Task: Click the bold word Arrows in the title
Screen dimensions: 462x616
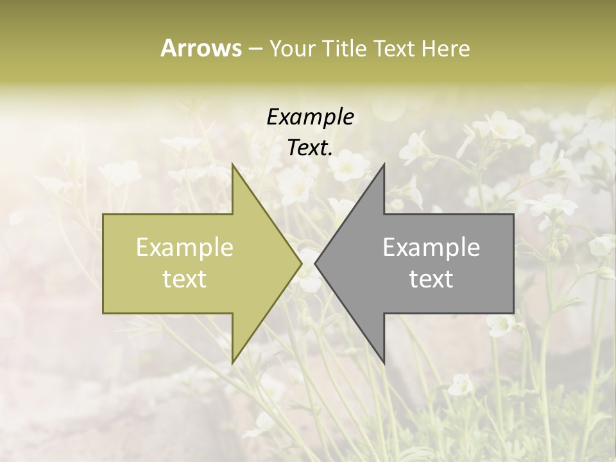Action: click(x=201, y=48)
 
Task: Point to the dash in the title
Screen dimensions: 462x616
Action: click(x=254, y=49)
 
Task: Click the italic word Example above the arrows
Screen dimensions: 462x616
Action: click(x=311, y=117)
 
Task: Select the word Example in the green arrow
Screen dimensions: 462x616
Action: click(x=185, y=247)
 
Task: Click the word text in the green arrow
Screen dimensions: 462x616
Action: click(x=185, y=278)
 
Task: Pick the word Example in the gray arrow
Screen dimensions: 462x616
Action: click(x=431, y=247)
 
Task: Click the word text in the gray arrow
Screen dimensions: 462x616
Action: click(x=431, y=278)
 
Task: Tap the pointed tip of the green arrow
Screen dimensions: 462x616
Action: click(x=302, y=264)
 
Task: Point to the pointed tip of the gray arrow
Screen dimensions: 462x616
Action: click(x=315, y=264)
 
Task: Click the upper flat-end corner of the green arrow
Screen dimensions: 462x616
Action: click(x=103, y=214)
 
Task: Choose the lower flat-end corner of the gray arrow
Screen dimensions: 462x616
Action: click(x=513, y=313)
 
